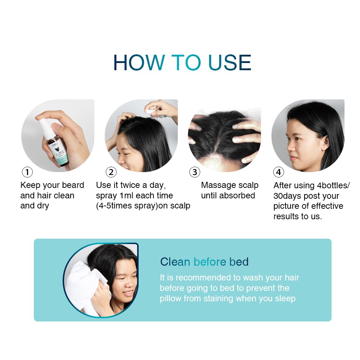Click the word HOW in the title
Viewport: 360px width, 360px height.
pos(139,63)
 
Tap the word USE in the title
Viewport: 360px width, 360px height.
pos(230,63)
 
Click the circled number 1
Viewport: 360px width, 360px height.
pos(27,172)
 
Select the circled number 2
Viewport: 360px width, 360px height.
pos(111,172)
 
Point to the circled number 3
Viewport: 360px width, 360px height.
pos(195,172)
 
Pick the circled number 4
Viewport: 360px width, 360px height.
pos(278,172)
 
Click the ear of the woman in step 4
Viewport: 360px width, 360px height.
pos(325,142)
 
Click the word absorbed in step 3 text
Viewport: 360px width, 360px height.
pos(238,196)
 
